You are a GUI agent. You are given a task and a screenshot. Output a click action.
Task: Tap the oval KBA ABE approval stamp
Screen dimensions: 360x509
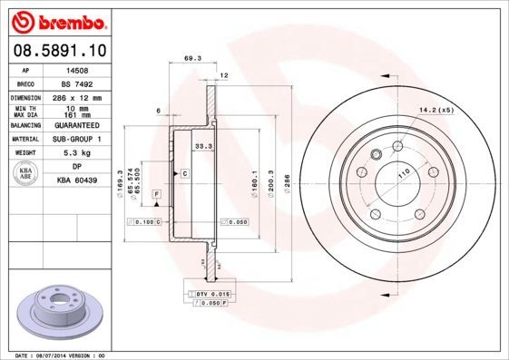(x=26, y=173)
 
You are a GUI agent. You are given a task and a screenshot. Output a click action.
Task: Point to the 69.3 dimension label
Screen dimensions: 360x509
(x=191, y=58)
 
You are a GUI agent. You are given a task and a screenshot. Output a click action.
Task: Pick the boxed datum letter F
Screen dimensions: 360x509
(x=157, y=194)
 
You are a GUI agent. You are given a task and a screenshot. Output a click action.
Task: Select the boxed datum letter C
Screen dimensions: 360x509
(x=184, y=172)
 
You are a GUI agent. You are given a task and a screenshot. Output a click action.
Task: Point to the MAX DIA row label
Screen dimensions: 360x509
(x=26, y=115)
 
